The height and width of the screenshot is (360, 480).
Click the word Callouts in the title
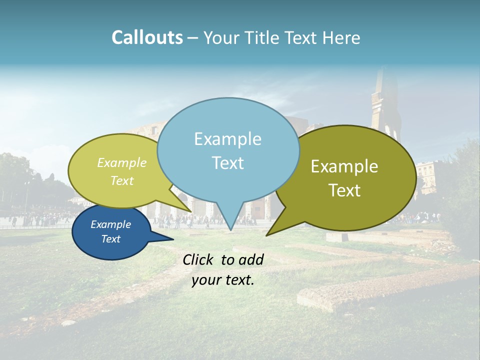147,37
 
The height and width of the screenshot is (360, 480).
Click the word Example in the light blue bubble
227,139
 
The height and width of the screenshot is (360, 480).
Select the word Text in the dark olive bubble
345,190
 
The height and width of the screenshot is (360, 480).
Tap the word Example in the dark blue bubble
110,224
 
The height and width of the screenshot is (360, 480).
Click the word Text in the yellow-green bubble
122,180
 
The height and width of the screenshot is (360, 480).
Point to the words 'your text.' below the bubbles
223,280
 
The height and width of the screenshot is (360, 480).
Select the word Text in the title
303,37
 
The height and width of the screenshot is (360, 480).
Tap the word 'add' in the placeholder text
251,259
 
